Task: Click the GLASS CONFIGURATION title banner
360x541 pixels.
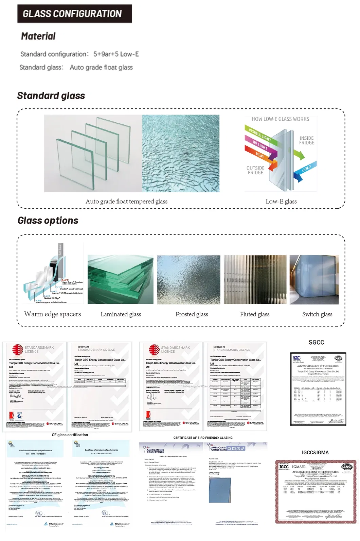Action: pos(74,14)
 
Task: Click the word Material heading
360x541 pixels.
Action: pos(38,36)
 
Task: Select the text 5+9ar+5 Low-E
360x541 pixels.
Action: pos(116,54)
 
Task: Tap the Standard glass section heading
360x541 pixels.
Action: pos(51,96)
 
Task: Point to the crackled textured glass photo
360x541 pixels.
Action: pos(181,153)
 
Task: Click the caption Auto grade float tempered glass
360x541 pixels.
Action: pos(126,202)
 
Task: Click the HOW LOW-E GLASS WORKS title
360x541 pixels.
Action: pos(280,119)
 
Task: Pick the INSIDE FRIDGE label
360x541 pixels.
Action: pos(306,140)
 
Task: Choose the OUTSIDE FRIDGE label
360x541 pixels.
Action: pos(255,170)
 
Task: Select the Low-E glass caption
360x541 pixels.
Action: pos(281,202)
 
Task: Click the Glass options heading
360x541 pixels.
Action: pos(48,221)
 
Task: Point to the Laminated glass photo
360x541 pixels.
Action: pos(120,280)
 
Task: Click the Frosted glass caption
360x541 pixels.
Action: pos(192,314)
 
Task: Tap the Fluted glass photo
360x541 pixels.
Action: pos(255,280)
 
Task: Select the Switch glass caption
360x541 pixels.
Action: pos(317,314)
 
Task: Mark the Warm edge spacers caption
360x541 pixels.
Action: pos(53,314)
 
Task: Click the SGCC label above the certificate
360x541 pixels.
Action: pos(316,343)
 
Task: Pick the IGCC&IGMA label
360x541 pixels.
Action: pos(315,453)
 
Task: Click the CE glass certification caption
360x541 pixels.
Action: pos(70,435)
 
